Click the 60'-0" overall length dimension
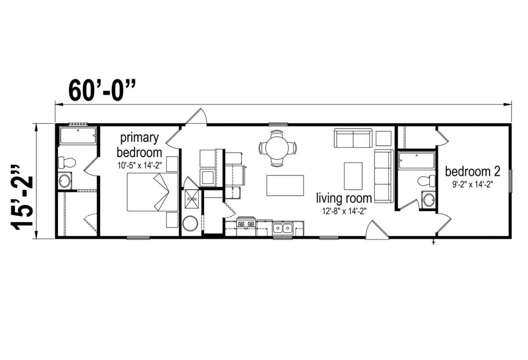pyautogui.click(x=102, y=90)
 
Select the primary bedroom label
pyautogui.click(x=139, y=145)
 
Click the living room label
pyautogui.click(x=344, y=198)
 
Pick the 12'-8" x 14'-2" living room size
pyautogui.click(x=344, y=211)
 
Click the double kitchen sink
pyautogui.click(x=282, y=228)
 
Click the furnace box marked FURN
pyautogui.click(x=192, y=199)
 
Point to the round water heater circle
pyautogui.click(x=190, y=224)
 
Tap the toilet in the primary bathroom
pyautogui.click(x=67, y=162)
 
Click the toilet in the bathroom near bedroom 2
pyautogui.click(x=426, y=181)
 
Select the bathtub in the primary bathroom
pyautogui.click(x=78, y=136)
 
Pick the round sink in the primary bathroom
pyautogui.click(x=65, y=181)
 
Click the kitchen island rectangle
pyautogui.click(x=285, y=185)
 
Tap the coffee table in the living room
pyautogui.click(x=353, y=176)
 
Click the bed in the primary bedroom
pyautogui.click(x=153, y=192)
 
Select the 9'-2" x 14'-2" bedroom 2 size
pyautogui.click(x=473, y=184)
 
